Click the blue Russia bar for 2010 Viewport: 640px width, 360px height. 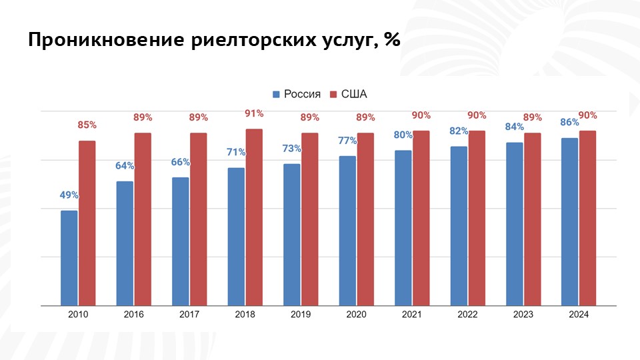click(x=69, y=258)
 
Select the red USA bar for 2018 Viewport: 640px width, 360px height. click(x=254, y=217)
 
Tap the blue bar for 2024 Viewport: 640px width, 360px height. click(x=569, y=222)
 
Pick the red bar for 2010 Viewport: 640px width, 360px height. click(x=87, y=223)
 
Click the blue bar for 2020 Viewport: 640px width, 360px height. click(x=347, y=231)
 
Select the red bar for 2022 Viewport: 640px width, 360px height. click(x=477, y=218)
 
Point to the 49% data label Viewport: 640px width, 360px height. click(x=69, y=195)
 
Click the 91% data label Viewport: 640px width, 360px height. click(x=254, y=113)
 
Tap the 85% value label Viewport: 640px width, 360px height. click(x=87, y=125)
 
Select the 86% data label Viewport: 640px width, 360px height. click(x=569, y=123)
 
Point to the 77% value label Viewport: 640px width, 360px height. click(x=347, y=141)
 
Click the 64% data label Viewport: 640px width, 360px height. click(x=125, y=165)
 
